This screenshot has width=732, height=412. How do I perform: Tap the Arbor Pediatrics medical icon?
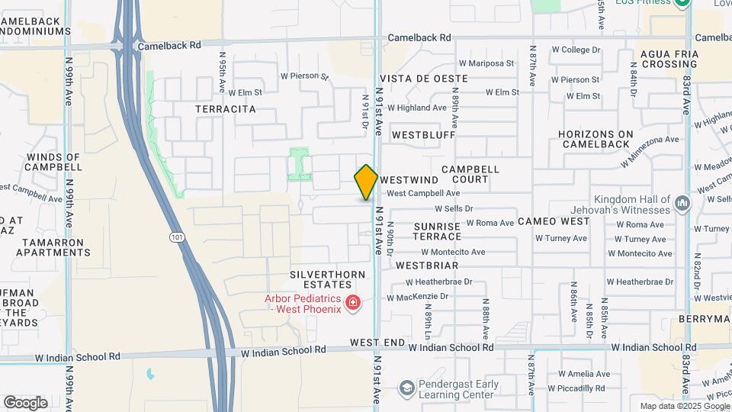coord(353,304)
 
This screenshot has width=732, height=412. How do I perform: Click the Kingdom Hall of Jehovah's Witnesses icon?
coord(682,204)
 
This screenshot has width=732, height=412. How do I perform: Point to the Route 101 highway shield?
coord(178,237)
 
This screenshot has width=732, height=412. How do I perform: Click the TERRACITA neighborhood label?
coord(226,109)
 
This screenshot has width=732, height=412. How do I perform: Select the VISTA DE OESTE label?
coord(413,79)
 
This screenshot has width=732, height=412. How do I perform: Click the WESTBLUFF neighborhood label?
coord(423,135)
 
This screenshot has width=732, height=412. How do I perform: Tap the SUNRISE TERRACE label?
coord(437,231)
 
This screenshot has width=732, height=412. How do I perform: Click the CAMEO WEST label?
coord(554,221)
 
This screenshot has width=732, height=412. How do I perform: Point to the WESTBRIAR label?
coord(427,266)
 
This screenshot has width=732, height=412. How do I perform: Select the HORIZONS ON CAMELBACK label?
coord(596,140)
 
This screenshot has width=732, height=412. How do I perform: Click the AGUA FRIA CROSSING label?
coord(669,59)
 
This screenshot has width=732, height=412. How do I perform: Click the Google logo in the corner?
coord(25,402)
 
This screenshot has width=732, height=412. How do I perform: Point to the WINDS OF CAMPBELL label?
coord(53,162)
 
